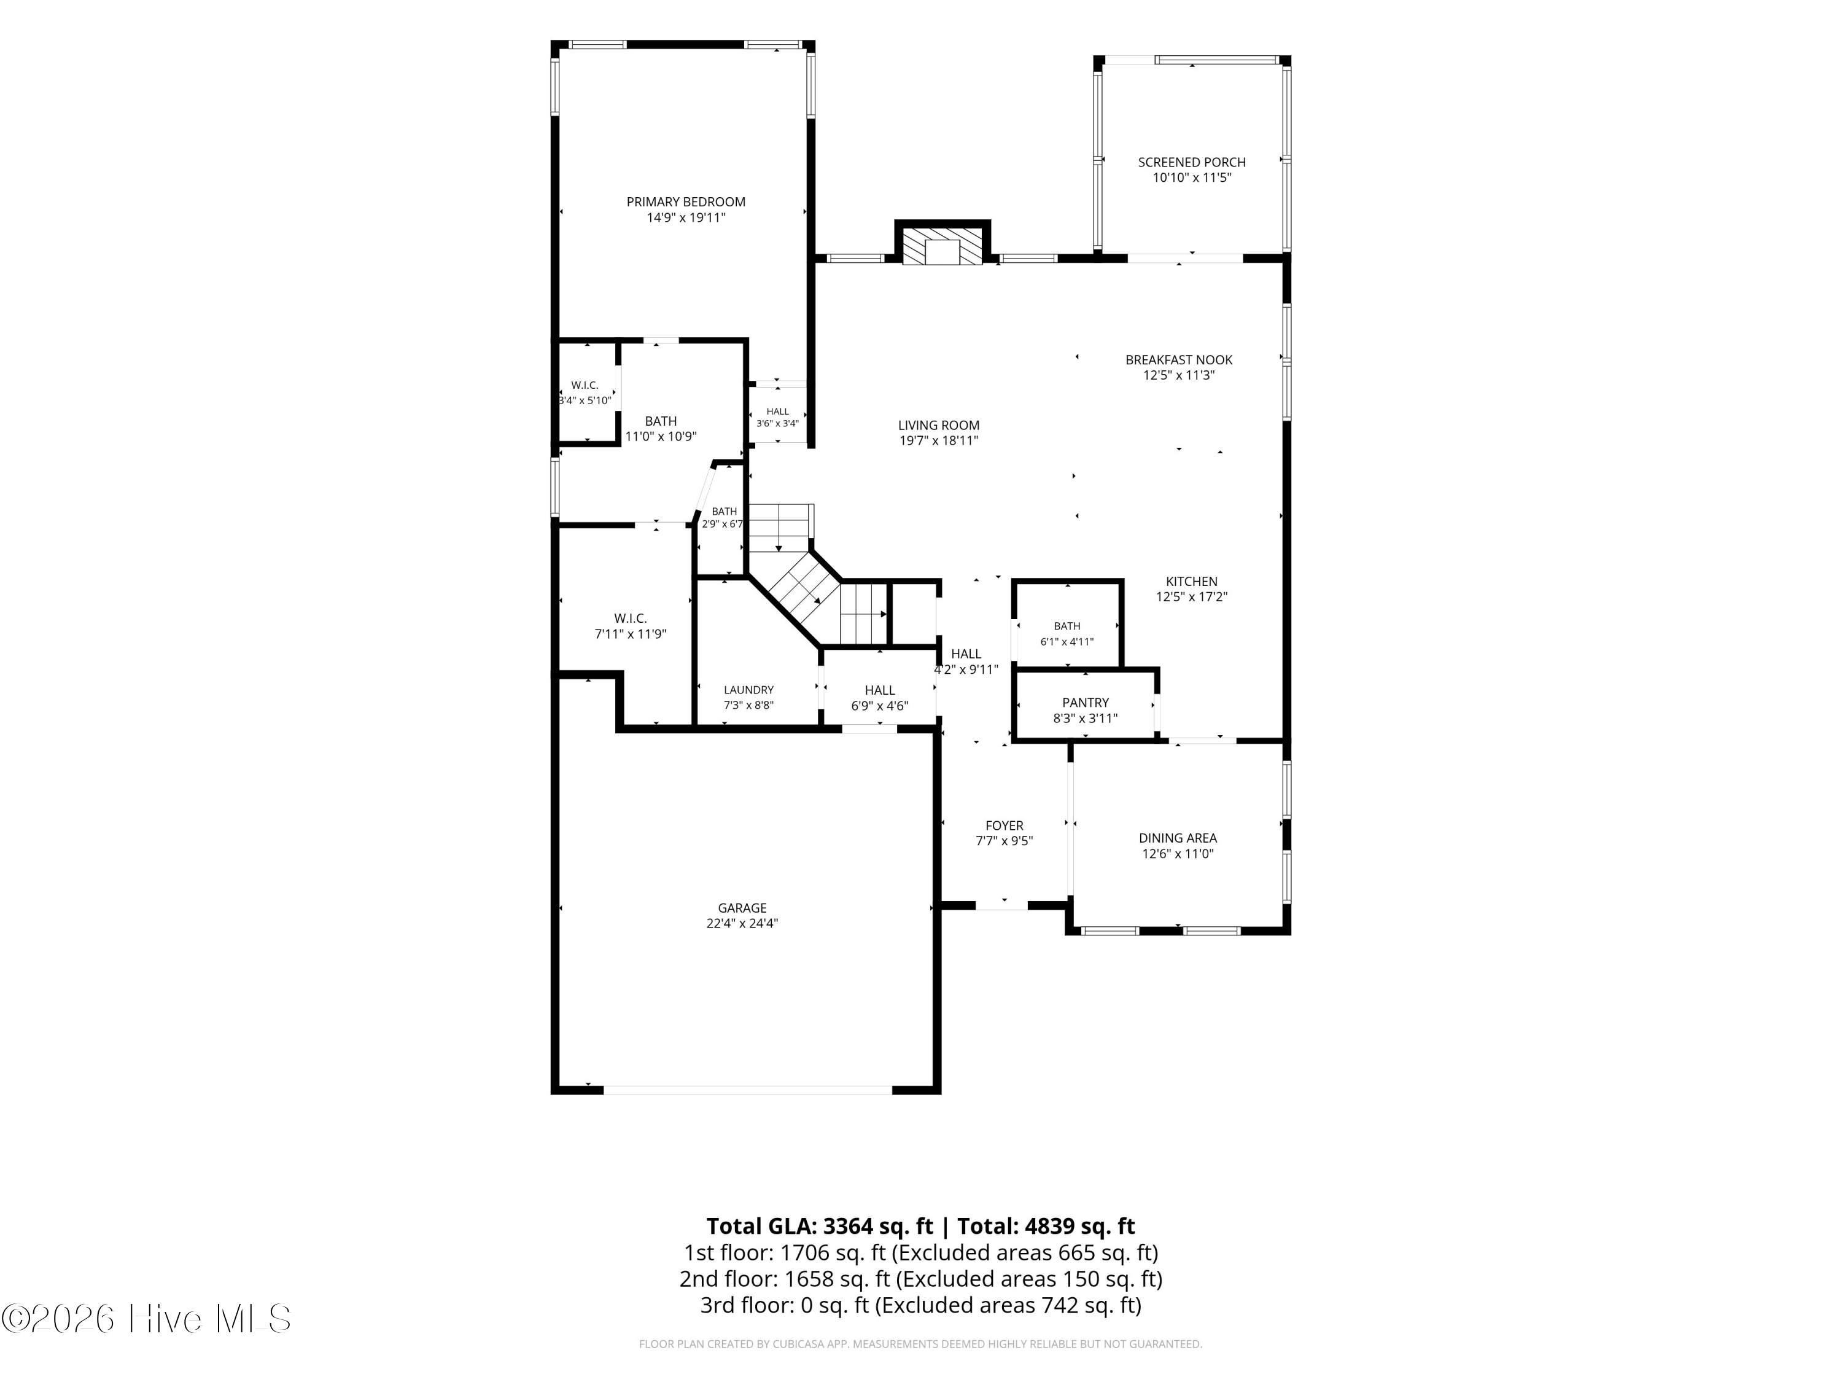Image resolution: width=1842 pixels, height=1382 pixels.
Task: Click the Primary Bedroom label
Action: coord(685,201)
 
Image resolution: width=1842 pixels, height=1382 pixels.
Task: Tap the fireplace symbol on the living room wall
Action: coord(942,248)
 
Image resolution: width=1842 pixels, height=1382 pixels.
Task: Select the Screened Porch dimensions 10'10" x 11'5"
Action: coord(1192,178)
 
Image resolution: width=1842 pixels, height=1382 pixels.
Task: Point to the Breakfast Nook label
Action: coord(1178,360)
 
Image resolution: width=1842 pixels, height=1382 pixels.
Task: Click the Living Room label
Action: coord(938,425)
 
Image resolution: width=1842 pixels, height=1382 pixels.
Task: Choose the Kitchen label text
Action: coord(1191,582)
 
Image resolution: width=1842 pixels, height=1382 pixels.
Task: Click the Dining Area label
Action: coord(1178,838)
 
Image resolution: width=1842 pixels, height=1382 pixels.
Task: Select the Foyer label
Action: coord(1005,826)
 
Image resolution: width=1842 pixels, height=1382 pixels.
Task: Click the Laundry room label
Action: coord(748,690)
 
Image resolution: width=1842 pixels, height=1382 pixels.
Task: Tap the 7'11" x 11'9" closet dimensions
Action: coord(631,634)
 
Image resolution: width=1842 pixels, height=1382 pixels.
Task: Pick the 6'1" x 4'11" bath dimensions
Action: coord(1067,641)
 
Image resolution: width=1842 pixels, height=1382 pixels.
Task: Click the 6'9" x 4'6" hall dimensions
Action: coord(879,706)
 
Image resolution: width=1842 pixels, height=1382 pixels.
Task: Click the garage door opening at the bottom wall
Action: coord(748,1090)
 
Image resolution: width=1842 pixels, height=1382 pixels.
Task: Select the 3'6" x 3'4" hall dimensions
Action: coord(777,423)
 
